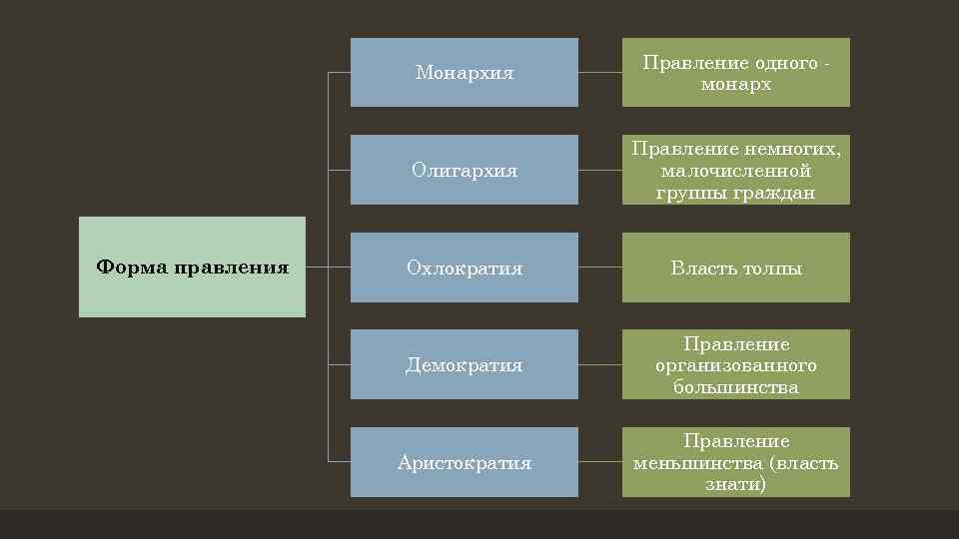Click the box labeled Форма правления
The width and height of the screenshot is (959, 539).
tap(192, 267)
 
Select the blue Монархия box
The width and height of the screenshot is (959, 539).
tap(464, 72)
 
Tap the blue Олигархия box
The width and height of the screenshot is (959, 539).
tap(464, 170)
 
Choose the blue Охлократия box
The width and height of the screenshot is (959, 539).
tap(464, 268)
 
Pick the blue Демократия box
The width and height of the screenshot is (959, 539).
tap(464, 364)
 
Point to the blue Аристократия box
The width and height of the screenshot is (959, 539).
tap(464, 462)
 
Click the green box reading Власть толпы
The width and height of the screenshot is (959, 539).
tap(736, 268)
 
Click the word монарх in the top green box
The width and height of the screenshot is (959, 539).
tap(736, 85)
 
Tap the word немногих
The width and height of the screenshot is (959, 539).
tap(792, 149)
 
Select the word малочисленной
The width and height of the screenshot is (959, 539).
tap(736, 171)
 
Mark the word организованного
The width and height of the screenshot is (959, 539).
tap(736, 365)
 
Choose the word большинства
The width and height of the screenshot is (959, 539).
tap(736, 387)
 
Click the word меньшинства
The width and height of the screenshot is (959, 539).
tap(691, 463)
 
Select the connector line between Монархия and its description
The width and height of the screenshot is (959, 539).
tap(600, 73)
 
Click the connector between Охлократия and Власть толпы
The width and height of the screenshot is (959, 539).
tap(600, 268)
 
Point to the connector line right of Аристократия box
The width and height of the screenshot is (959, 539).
tap(600, 462)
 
